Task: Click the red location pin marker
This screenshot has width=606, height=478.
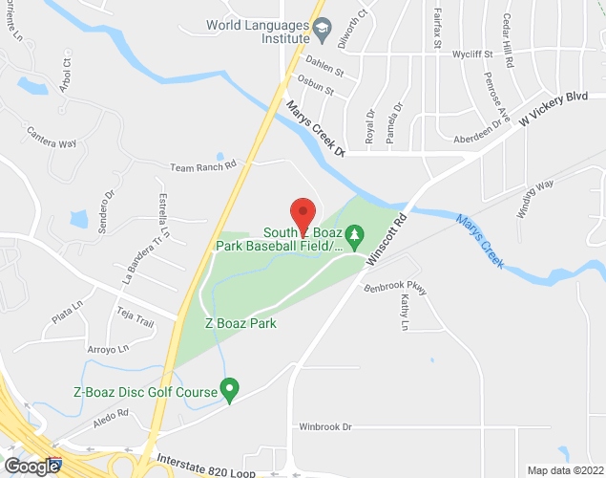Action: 303,216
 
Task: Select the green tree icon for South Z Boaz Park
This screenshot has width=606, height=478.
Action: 355,234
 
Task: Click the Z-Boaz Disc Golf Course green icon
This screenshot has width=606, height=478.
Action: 229,390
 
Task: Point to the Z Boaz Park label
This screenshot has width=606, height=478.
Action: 240,323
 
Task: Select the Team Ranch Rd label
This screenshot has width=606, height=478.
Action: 202,166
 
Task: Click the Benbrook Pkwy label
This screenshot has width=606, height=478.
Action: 394,288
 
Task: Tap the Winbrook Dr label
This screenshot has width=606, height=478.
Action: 325,425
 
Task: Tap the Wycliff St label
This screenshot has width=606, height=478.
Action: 473,54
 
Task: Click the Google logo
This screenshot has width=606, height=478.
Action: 31,467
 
